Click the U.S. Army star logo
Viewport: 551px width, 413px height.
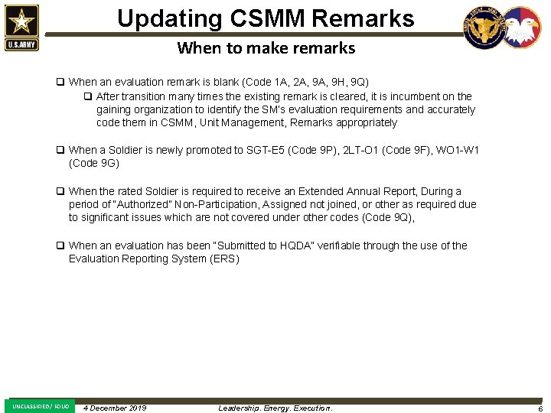(21, 28)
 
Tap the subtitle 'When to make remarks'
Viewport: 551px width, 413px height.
(266, 48)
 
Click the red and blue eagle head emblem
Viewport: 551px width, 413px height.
(521, 28)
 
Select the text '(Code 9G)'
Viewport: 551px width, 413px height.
(94, 163)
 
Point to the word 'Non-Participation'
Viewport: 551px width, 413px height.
(220, 204)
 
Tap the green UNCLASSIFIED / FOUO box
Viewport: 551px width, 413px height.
(41, 406)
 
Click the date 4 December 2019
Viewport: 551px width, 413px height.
(115, 408)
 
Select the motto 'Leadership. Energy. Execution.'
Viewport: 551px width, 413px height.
(275, 408)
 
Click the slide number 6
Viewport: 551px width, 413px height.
(540, 408)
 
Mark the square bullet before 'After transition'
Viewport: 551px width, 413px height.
(88, 96)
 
